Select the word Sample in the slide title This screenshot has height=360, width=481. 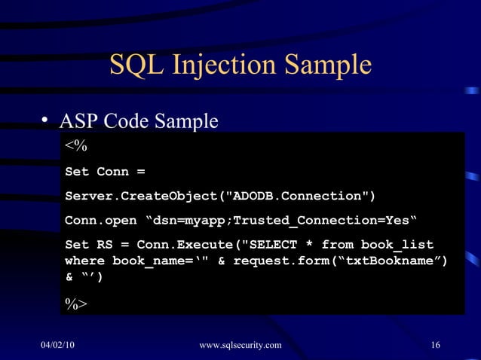(x=329, y=65)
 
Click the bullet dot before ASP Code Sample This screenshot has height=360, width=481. (x=45, y=121)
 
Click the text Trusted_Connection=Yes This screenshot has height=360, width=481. (x=327, y=221)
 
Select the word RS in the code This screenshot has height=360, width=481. (x=104, y=246)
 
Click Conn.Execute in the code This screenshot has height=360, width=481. (x=182, y=246)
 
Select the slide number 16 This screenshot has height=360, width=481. (x=434, y=346)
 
